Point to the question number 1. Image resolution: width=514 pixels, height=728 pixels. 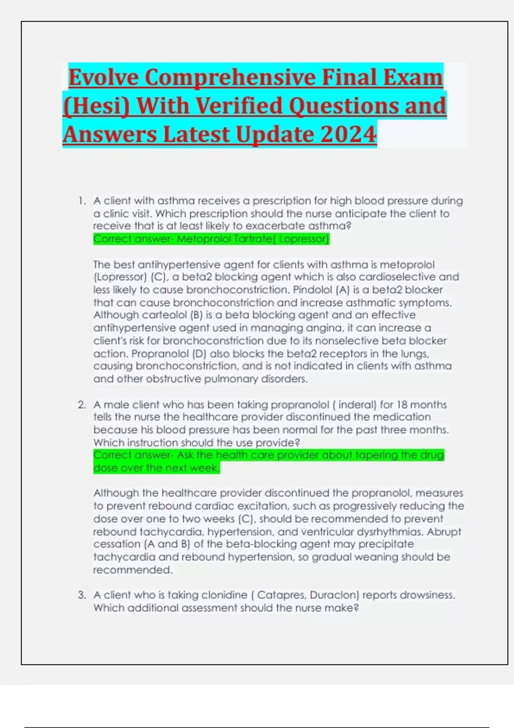81,201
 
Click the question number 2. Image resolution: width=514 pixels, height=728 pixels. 81,405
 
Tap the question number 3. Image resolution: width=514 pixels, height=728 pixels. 81,595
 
